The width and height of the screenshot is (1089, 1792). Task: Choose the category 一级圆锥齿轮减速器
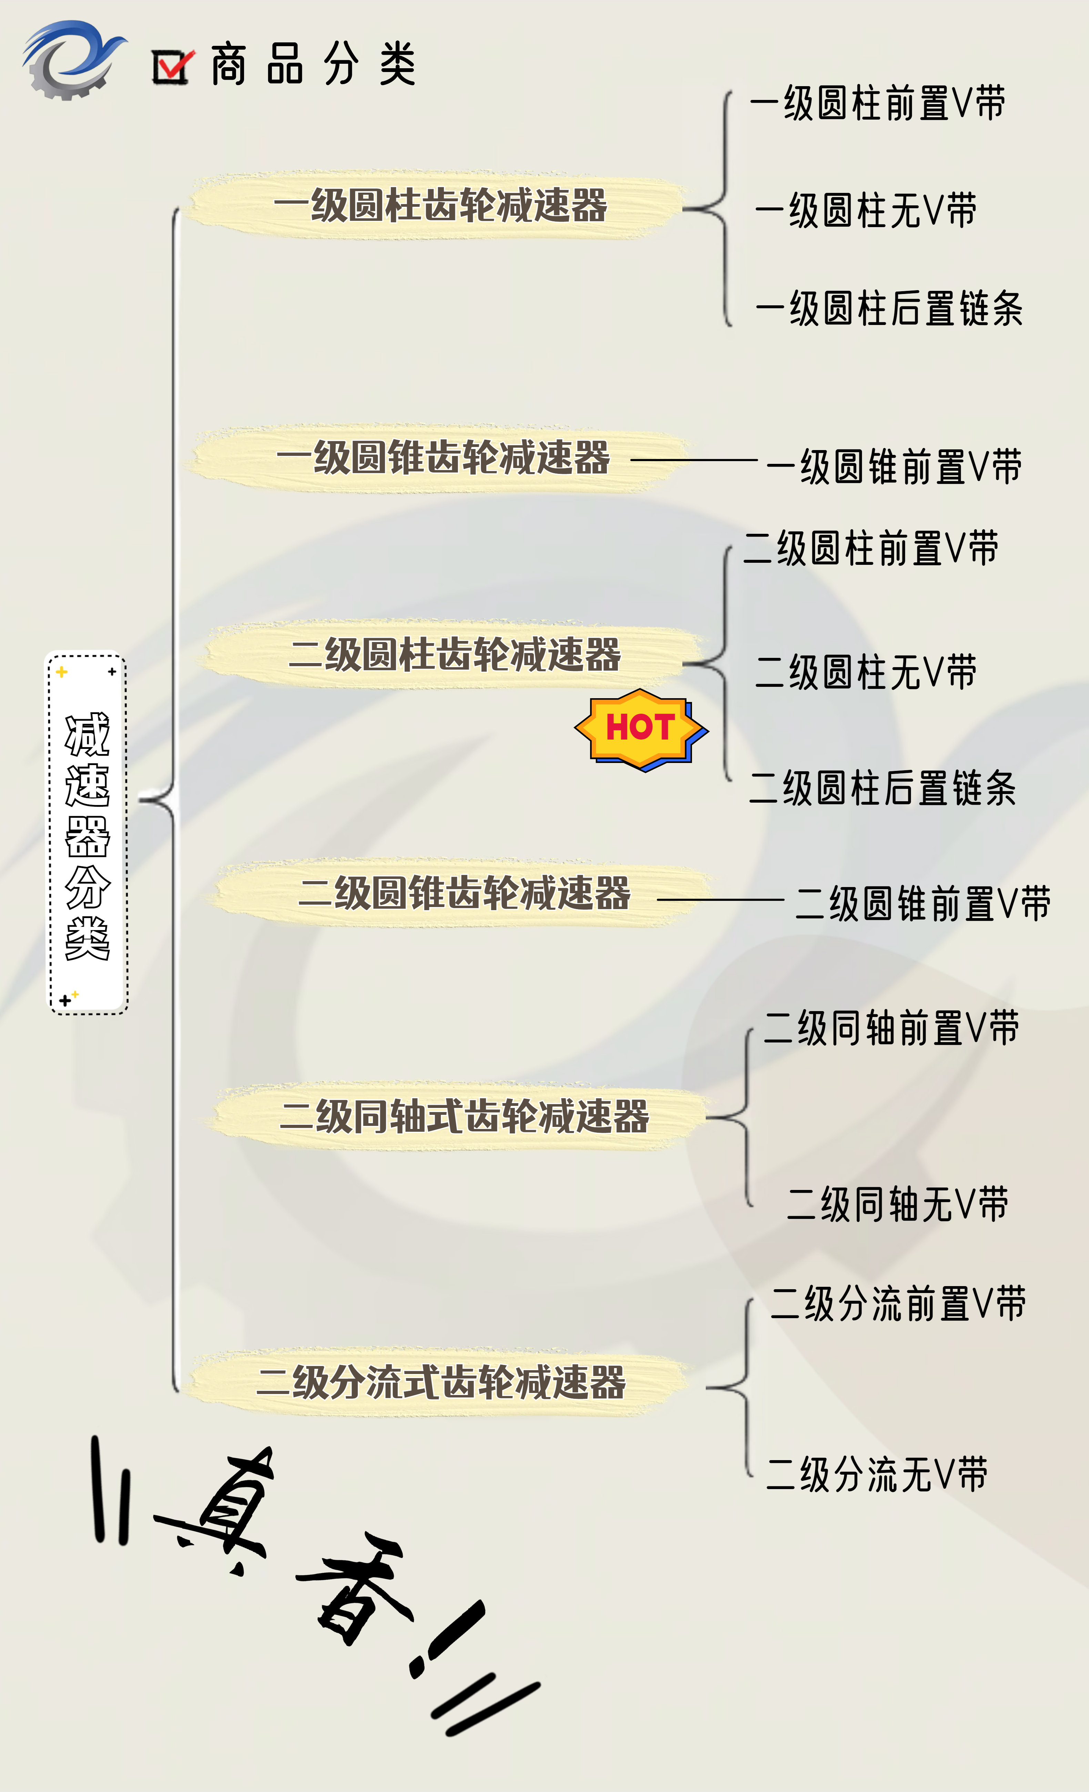pyautogui.click(x=443, y=458)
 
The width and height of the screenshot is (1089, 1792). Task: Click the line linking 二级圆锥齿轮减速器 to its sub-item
pyautogui.click(x=720, y=900)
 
